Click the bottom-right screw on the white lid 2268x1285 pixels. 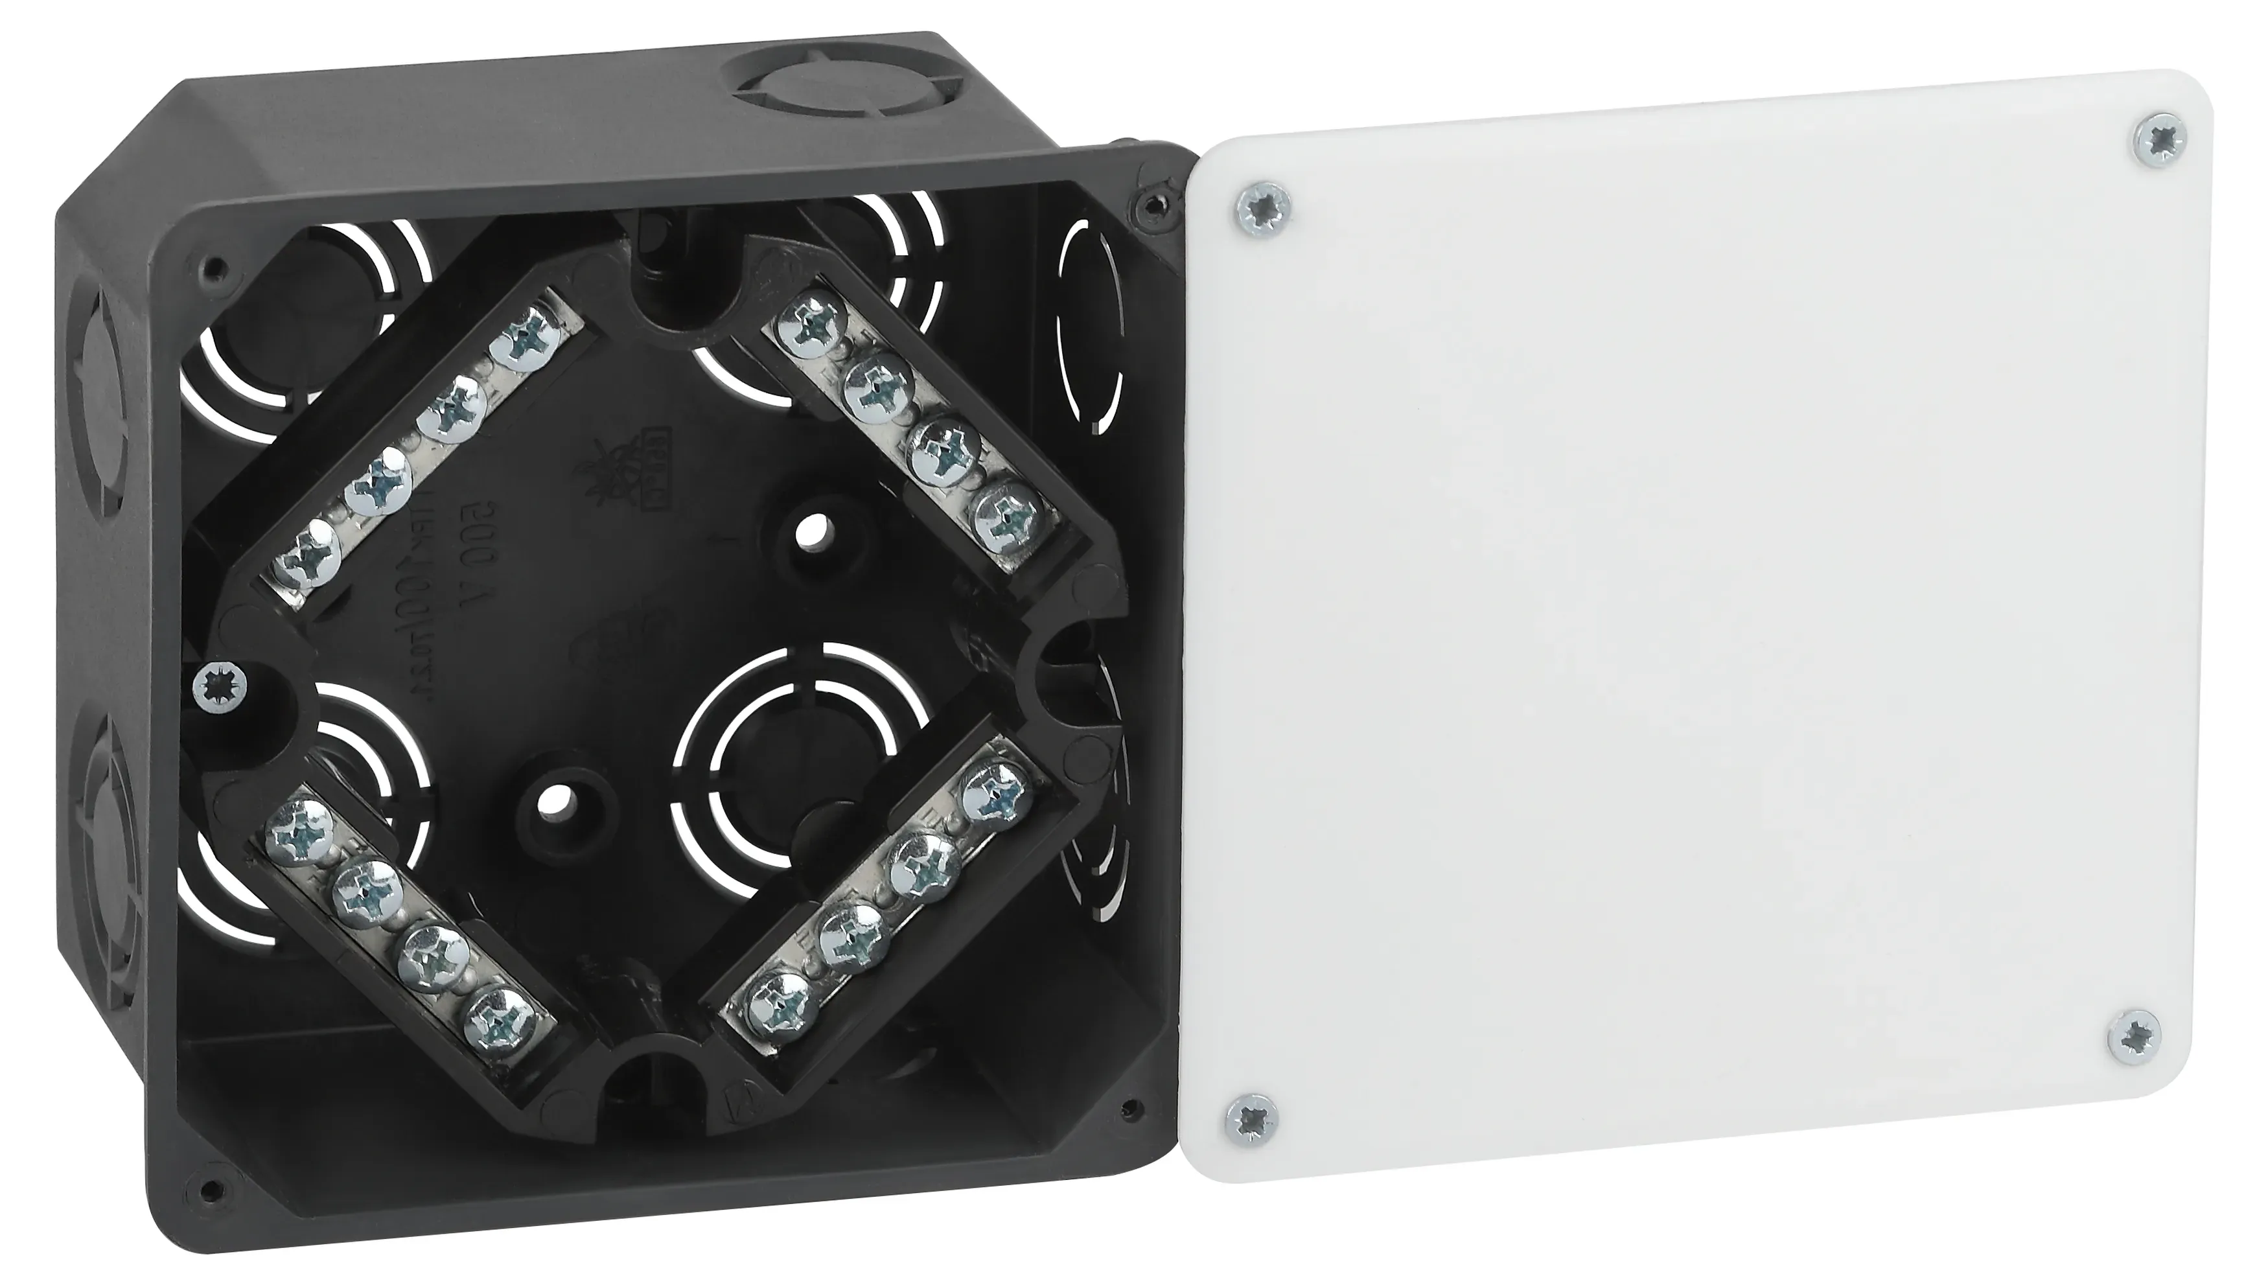pos(2135,1037)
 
